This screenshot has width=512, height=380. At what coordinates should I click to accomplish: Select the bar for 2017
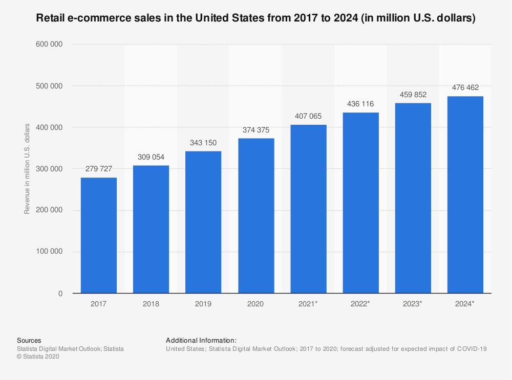coord(99,235)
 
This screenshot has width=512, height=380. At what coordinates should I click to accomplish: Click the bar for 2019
coord(203,222)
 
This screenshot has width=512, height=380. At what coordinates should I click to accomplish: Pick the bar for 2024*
coord(465,194)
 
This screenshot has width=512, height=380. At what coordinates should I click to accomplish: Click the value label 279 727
coord(99,168)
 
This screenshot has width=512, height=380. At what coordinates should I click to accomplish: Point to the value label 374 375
coord(256,129)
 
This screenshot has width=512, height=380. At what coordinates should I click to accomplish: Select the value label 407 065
coord(308,116)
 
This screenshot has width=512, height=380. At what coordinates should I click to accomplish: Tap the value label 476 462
coord(465,87)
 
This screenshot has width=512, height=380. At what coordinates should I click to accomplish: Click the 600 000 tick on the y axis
coord(50,44)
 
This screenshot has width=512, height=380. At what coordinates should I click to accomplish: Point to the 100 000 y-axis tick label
coord(50,252)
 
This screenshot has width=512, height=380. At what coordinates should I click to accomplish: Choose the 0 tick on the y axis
coord(60,294)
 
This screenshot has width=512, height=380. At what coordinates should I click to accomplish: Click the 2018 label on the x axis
coord(151,304)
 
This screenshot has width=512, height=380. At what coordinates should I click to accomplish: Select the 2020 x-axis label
coord(256,304)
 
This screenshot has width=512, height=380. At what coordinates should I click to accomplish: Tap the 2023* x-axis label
coord(413,304)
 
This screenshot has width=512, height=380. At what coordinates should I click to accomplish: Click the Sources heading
coord(29,340)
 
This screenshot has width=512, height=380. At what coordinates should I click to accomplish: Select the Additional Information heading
coord(201,340)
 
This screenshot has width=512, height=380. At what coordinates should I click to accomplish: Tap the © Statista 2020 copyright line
coord(38,357)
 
